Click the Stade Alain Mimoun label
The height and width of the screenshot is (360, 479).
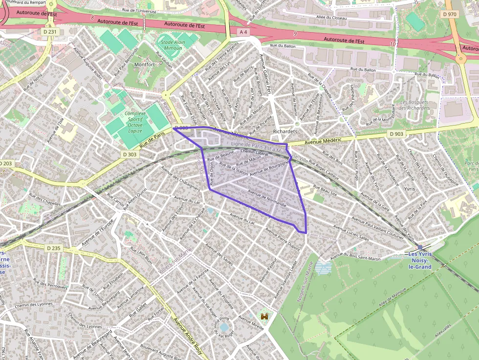(173, 45)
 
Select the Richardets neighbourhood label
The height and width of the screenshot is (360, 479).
(286, 131)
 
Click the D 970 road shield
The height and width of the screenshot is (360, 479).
(449, 14)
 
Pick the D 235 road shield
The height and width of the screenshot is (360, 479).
(54, 248)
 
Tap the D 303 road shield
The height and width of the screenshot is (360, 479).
(131, 154)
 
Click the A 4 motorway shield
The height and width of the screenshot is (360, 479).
(243, 32)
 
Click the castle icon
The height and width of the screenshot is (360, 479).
(265, 317)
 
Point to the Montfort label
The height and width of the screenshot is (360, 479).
(144, 64)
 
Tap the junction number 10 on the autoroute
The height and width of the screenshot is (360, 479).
(393, 44)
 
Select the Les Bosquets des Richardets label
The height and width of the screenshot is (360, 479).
(414, 105)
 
